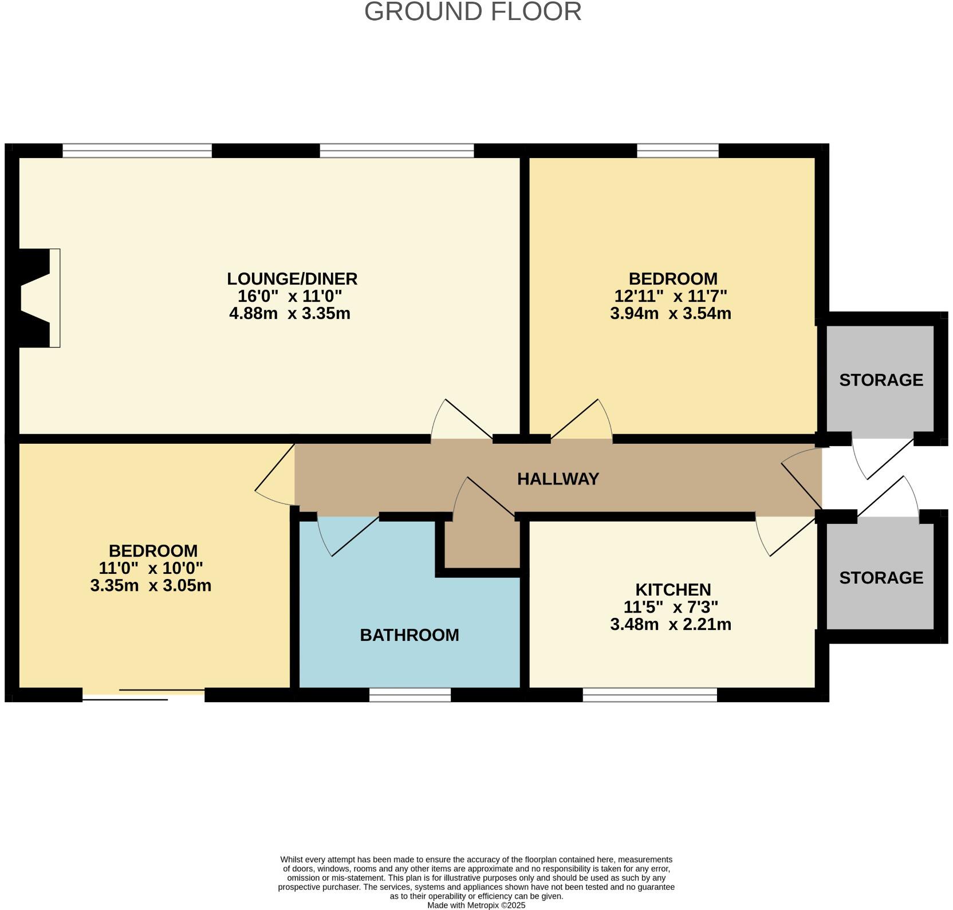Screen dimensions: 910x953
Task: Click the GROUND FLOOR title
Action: coord(472,12)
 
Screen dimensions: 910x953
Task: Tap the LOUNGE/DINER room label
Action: coord(292,279)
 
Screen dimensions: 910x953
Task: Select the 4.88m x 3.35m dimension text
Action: coord(289,314)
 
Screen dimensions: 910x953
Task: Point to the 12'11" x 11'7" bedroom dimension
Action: coord(671,297)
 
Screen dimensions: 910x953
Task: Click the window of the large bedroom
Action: coord(678,151)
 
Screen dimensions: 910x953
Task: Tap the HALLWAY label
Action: coord(558,479)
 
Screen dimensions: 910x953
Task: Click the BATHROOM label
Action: coord(409,635)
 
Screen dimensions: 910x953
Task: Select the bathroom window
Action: coord(410,695)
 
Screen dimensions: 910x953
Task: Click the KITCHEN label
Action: coord(673,590)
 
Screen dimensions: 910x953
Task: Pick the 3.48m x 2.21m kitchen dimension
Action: coord(671,625)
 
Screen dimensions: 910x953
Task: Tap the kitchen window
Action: coord(649,695)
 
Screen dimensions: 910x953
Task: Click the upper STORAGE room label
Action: coord(881,380)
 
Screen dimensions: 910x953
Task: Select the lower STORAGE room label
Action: coord(881,578)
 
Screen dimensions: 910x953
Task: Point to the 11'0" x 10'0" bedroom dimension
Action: coord(151,569)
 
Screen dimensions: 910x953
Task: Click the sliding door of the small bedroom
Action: coord(143,694)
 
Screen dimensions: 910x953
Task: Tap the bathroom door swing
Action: coord(344,535)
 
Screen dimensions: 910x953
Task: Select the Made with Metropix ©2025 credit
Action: coord(476,905)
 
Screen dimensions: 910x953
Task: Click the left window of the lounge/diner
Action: coord(137,151)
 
